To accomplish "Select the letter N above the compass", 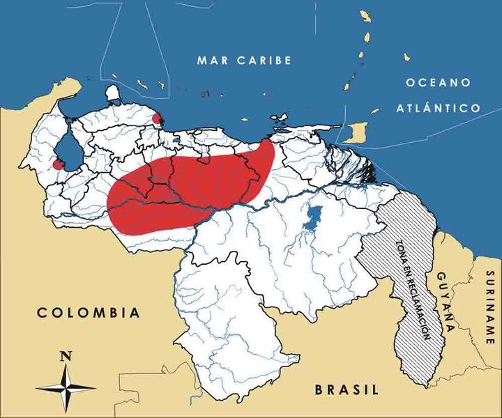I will [x=66, y=355].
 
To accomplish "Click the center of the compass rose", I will [x=66, y=385].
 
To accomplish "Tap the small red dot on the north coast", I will [x=158, y=118].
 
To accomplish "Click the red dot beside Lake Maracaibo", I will [x=58, y=165].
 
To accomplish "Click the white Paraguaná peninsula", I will [x=112, y=93].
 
